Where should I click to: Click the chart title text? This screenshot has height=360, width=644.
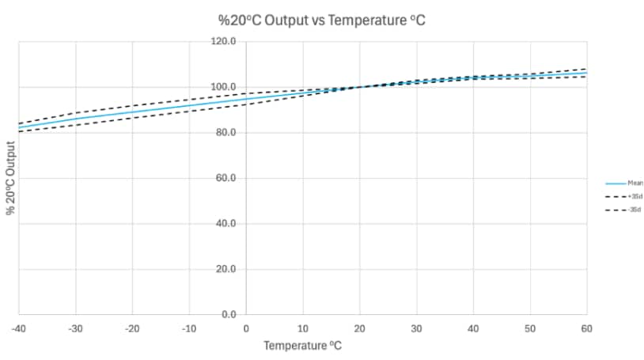(322, 20)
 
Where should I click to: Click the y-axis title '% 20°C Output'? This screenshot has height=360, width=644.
(11, 178)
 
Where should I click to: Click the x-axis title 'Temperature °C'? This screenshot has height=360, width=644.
(303, 346)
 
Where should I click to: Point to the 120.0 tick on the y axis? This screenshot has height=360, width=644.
(235, 41)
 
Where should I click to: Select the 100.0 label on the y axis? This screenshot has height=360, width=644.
(235, 87)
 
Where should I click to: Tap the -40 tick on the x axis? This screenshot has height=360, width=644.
(18, 327)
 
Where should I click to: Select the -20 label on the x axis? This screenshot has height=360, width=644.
(132, 327)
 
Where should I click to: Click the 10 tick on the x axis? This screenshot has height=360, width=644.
(303, 327)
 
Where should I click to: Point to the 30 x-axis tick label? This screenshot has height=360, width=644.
(417, 327)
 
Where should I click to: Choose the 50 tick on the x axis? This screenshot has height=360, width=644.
(531, 327)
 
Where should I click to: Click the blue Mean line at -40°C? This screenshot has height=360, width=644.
(19, 127)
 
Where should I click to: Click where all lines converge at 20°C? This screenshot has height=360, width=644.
(360, 87)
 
